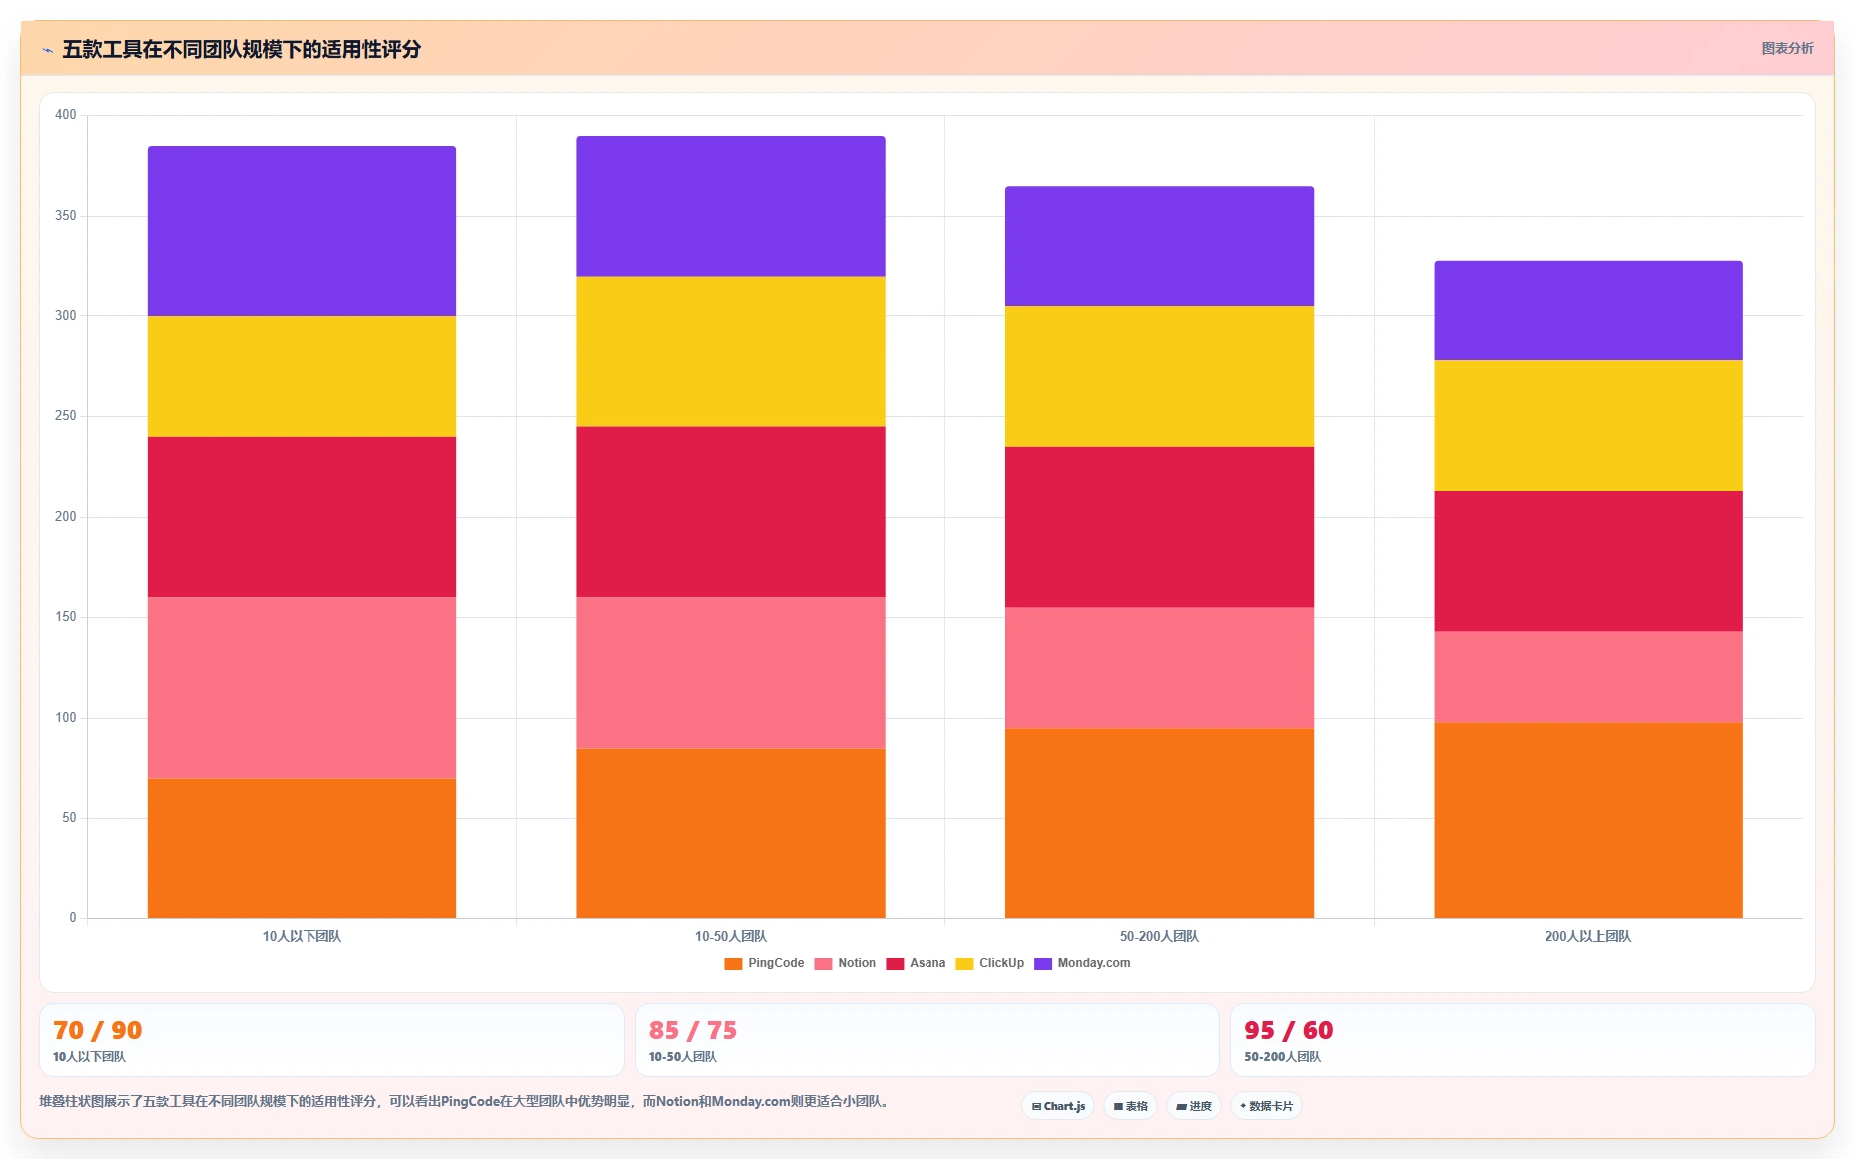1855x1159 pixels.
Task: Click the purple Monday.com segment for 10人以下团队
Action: [302, 232]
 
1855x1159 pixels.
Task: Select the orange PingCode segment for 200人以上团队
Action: [1588, 821]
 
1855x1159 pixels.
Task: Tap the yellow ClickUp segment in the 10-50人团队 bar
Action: [731, 351]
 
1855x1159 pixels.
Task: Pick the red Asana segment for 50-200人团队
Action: [1159, 527]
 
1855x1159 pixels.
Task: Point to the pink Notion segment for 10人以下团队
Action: [302, 688]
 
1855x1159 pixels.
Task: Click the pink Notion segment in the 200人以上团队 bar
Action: [1588, 677]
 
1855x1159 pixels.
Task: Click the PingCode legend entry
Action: [764, 963]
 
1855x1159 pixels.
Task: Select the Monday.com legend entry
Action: [1082, 963]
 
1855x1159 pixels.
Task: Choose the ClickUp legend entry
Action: [990, 963]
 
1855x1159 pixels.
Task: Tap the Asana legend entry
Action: [916, 963]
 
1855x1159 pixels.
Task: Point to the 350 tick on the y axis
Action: [66, 216]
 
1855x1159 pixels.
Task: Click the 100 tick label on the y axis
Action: [66, 718]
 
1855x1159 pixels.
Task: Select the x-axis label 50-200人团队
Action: [1159, 936]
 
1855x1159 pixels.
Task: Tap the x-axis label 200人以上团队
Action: [1588, 936]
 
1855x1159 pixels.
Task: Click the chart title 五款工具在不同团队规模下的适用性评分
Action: [242, 49]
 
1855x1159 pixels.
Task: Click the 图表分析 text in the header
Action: [1787, 48]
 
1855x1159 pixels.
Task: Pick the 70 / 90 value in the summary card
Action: [97, 1030]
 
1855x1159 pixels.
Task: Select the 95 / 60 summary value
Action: [1288, 1030]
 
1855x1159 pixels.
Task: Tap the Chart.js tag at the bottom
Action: [1058, 1106]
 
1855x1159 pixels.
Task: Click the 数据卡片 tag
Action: [1266, 1106]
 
